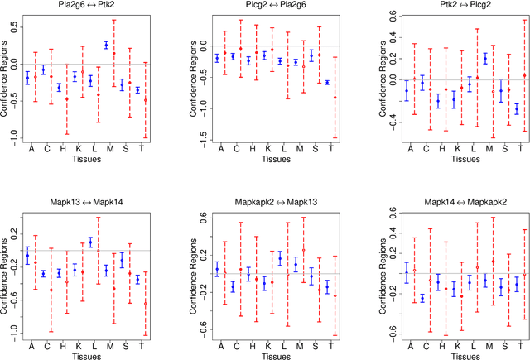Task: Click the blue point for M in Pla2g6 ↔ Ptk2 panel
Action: [x=106, y=45]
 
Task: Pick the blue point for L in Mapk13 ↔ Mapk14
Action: [x=90, y=242]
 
